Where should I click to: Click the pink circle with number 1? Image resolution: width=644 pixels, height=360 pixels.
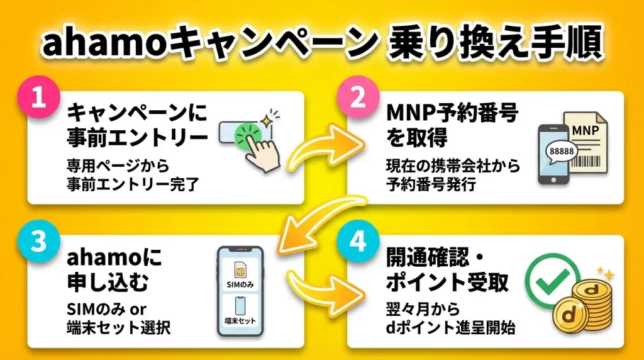point(39,100)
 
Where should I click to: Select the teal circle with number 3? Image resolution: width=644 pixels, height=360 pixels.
point(39,244)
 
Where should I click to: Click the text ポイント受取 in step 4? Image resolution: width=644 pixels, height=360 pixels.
point(447,283)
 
